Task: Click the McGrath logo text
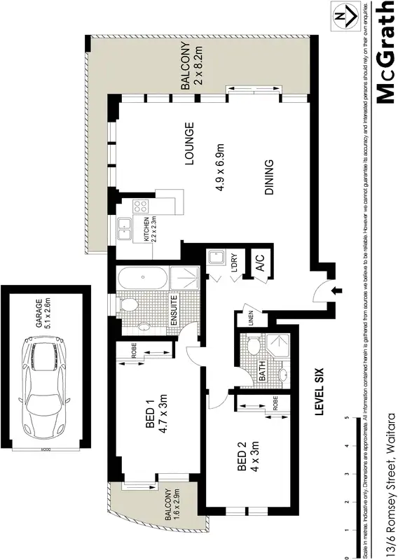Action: point(386,52)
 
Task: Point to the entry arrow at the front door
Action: point(336,290)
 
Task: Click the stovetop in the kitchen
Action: point(140,206)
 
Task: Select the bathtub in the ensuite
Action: point(142,279)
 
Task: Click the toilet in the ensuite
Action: point(129,306)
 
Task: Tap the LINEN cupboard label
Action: point(248,317)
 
